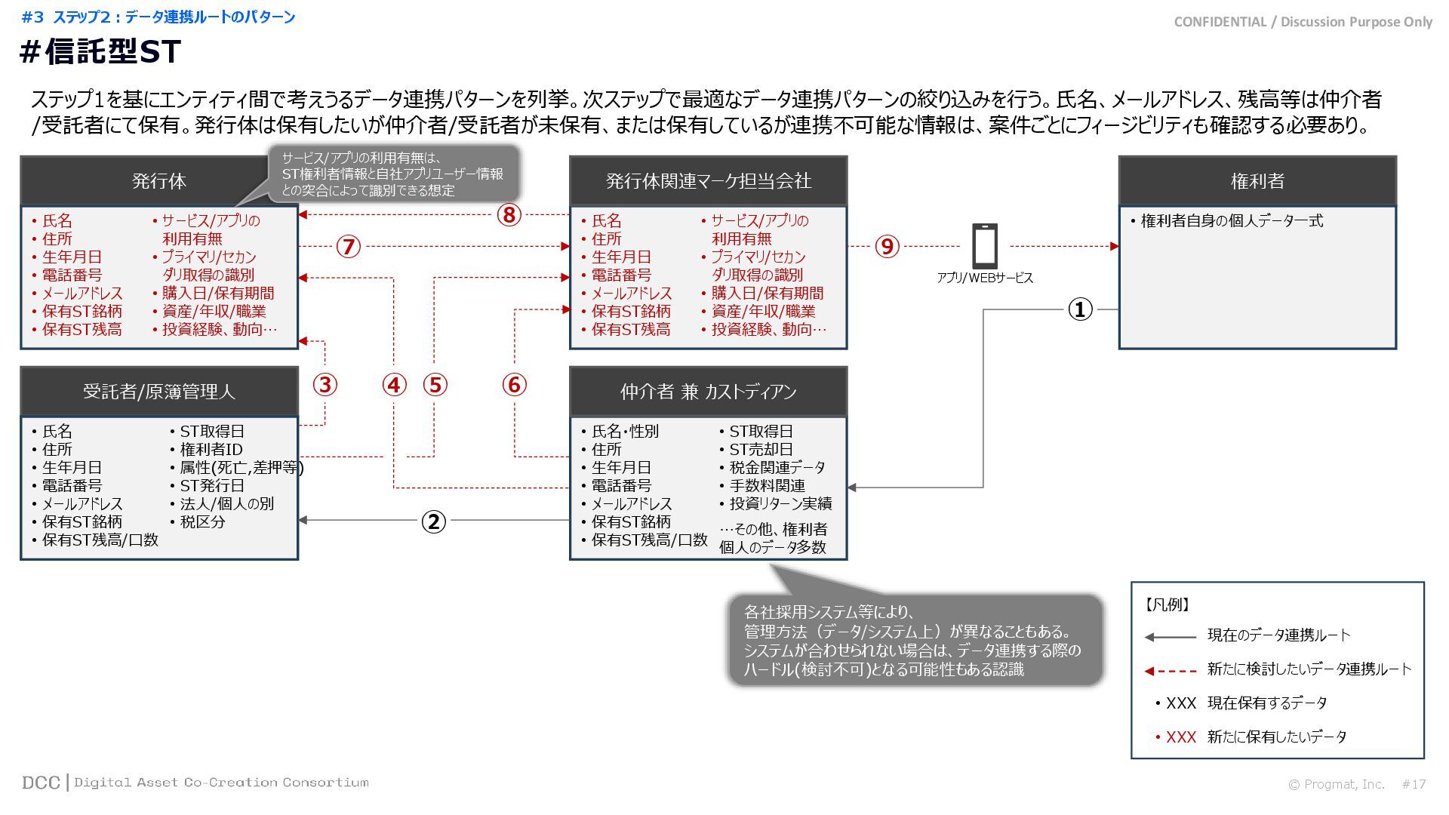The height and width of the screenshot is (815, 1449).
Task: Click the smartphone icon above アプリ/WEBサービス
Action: coord(985,245)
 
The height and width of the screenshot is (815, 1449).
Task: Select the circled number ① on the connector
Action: coord(1080,309)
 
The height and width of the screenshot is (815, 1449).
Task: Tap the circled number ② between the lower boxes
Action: coord(433,521)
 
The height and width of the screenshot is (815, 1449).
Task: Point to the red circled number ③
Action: coord(325,385)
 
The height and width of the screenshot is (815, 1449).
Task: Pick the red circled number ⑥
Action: coord(514,385)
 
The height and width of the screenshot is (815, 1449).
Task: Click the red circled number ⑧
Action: coord(509,215)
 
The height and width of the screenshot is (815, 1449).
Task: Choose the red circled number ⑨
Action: coord(888,246)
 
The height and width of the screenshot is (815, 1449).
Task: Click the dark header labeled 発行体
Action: coord(158,181)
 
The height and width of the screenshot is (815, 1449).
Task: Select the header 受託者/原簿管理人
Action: coord(158,392)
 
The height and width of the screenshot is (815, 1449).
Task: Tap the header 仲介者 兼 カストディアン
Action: coord(708,392)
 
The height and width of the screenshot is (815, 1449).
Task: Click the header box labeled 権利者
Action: coord(1257,181)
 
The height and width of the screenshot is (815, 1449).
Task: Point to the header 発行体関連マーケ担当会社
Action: coord(708,181)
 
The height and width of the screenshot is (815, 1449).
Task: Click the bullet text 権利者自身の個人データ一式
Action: coord(1232,221)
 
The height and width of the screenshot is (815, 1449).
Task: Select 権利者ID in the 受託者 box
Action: coord(211,450)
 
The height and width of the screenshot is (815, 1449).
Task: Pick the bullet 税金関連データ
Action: coord(777,468)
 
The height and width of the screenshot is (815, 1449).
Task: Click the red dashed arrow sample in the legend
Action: coord(1171,670)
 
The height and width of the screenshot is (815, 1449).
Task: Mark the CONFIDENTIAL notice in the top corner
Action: coord(1303,22)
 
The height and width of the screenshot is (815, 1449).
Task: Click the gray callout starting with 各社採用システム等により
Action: coord(915,640)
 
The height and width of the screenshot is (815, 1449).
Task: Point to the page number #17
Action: coord(1414,785)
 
